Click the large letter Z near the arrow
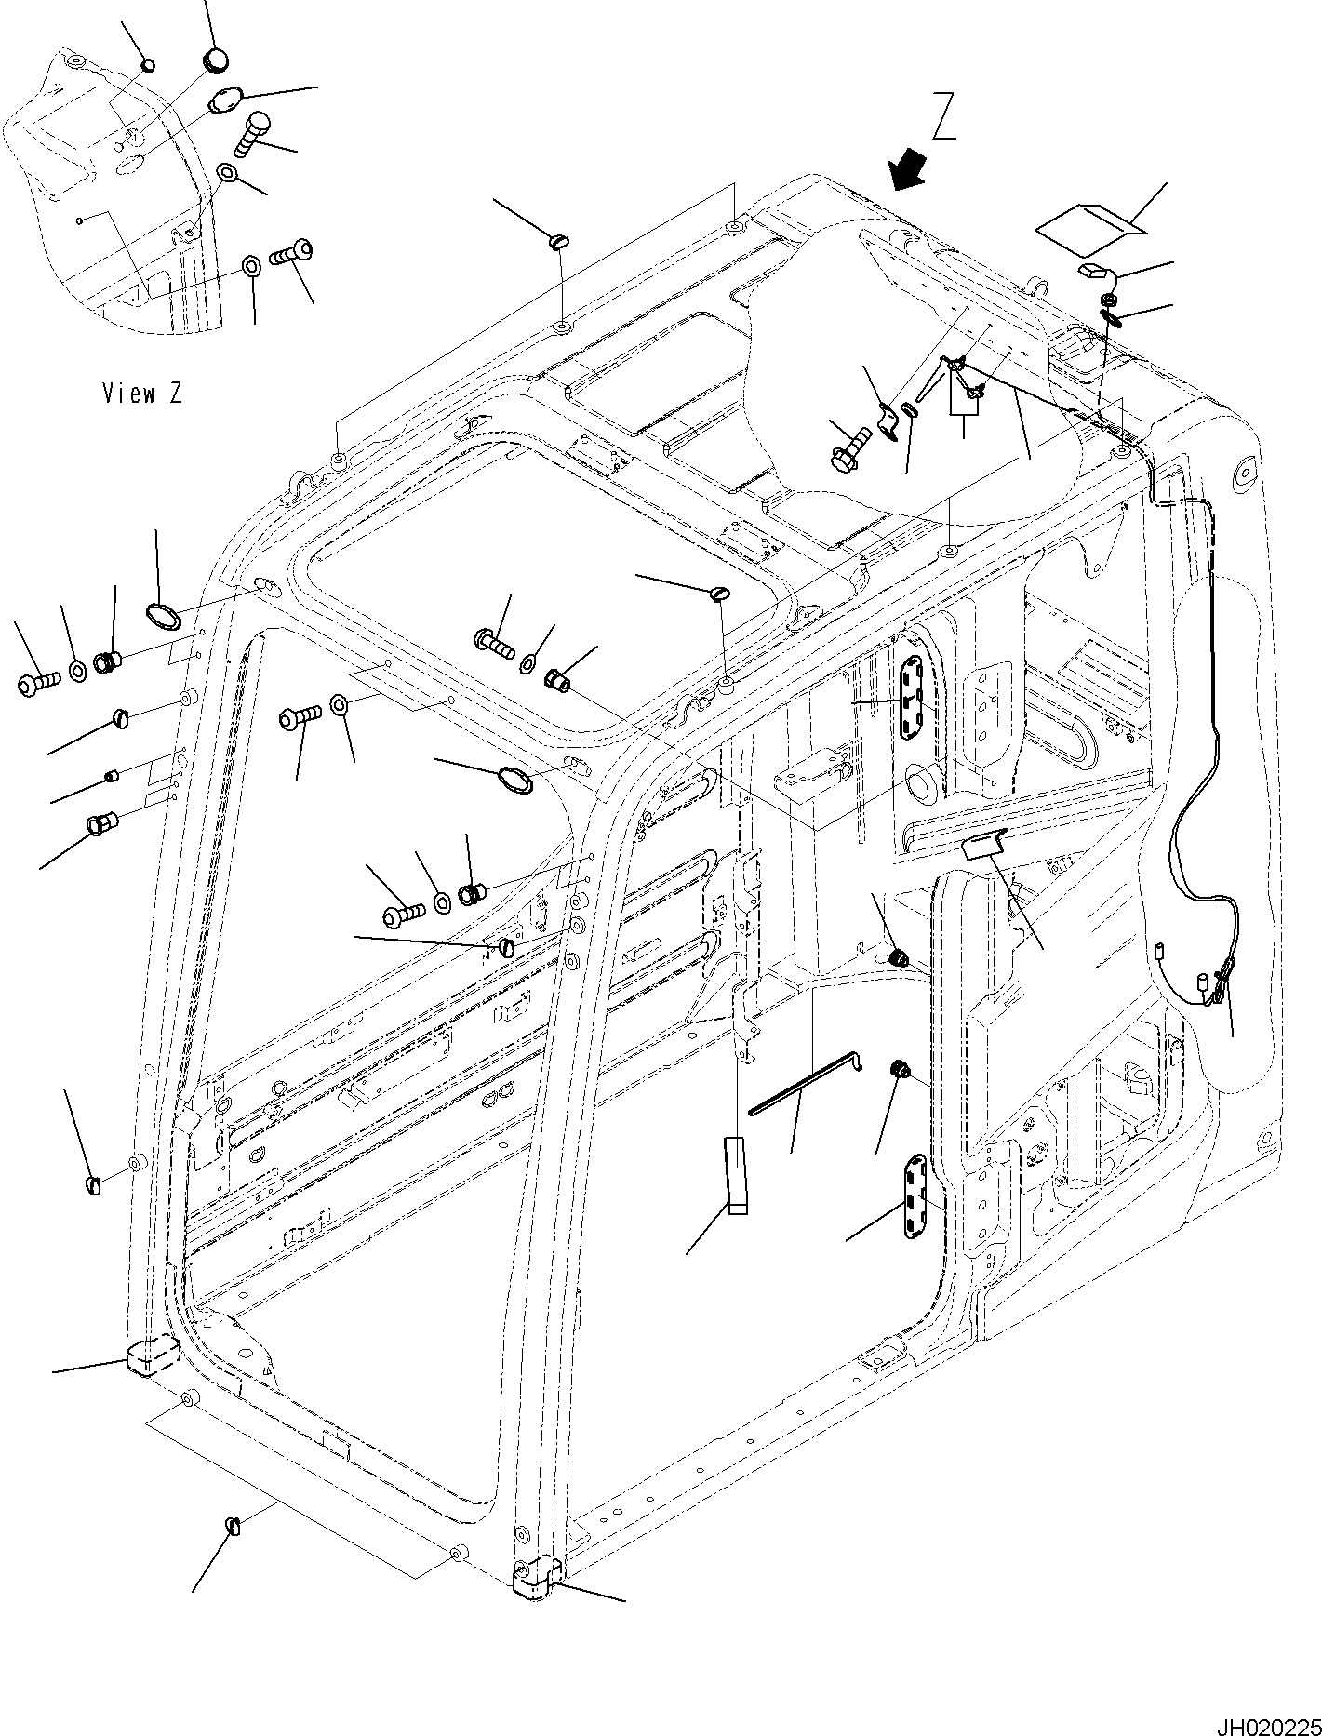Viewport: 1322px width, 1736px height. tap(943, 117)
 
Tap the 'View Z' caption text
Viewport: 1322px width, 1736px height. tap(142, 394)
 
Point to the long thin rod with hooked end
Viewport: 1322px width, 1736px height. tap(806, 1083)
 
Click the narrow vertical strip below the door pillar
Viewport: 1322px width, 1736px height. tap(738, 1175)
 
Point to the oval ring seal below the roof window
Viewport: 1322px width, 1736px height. tap(515, 780)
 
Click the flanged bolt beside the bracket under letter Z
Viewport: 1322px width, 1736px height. tap(848, 448)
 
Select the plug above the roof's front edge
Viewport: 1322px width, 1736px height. tap(559, 244)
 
